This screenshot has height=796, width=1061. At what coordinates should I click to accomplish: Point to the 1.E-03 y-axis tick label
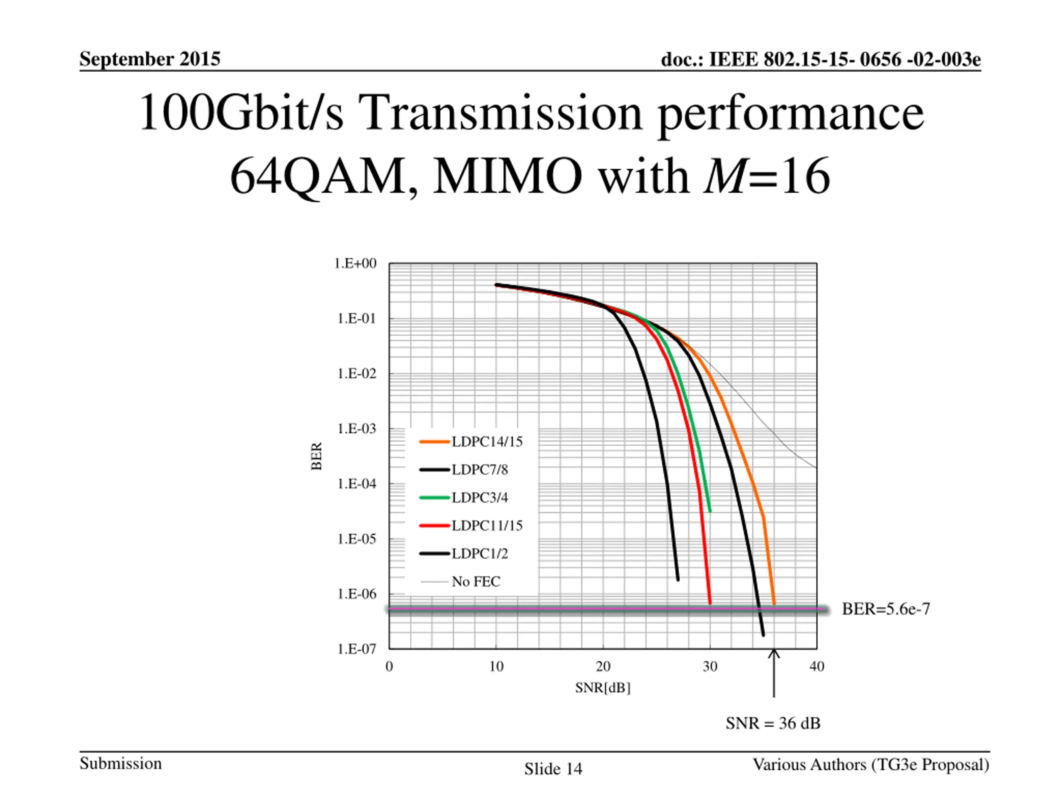point(356,428)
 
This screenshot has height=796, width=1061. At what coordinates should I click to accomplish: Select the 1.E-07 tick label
point(356,649)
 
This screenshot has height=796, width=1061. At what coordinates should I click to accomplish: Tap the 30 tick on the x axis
point(710,667)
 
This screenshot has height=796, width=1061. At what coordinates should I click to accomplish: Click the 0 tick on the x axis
point(389,667)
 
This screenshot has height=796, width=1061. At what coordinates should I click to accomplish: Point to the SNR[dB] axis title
point(603,688)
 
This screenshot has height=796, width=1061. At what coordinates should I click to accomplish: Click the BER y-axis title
point(317,456)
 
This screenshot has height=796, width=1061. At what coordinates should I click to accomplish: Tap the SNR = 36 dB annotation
point(773,723)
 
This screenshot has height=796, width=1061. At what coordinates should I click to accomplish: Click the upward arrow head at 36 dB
point(774,653)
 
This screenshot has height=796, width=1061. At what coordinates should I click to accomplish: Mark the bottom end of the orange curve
point(774,603)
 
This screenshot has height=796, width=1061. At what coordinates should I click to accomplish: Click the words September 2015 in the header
point(150,59)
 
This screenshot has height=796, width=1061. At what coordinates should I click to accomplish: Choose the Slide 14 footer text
point(553,769)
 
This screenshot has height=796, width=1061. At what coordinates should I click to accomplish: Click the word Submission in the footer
point(120,763)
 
